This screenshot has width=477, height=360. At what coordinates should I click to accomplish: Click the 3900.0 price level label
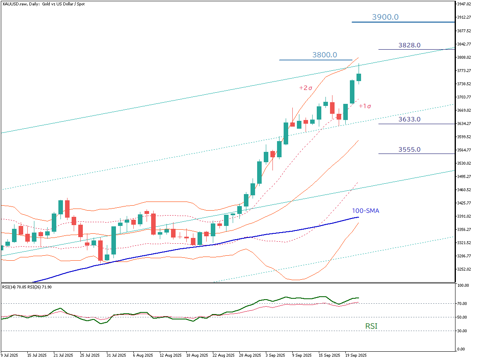[385, 17]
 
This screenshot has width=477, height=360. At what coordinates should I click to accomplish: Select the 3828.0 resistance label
[410, 45]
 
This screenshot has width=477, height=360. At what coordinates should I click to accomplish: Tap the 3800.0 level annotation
[325, 55]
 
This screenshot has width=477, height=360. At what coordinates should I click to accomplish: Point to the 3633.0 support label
[410, 119]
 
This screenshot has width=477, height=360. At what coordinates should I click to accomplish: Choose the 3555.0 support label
[410, 149]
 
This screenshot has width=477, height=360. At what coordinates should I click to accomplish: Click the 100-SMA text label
[366, 211]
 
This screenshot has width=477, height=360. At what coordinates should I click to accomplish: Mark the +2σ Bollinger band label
[306, 88]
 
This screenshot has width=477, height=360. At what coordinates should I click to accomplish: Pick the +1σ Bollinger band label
[365, 106]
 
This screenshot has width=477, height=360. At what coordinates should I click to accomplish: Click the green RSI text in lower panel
[371, 326]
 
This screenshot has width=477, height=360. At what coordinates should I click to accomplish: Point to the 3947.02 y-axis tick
[464, 4]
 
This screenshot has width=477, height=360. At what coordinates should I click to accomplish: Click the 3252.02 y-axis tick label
[464, 269]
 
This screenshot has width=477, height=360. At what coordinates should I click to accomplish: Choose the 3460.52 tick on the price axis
[464, 190]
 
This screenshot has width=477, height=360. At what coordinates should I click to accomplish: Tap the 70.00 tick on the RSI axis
[462, 303]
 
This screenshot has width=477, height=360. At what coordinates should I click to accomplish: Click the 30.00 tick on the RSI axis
[462, 331]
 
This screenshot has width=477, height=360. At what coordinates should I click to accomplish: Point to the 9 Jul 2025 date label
[9, 355]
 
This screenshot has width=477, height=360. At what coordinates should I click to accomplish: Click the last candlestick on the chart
[359, 77]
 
